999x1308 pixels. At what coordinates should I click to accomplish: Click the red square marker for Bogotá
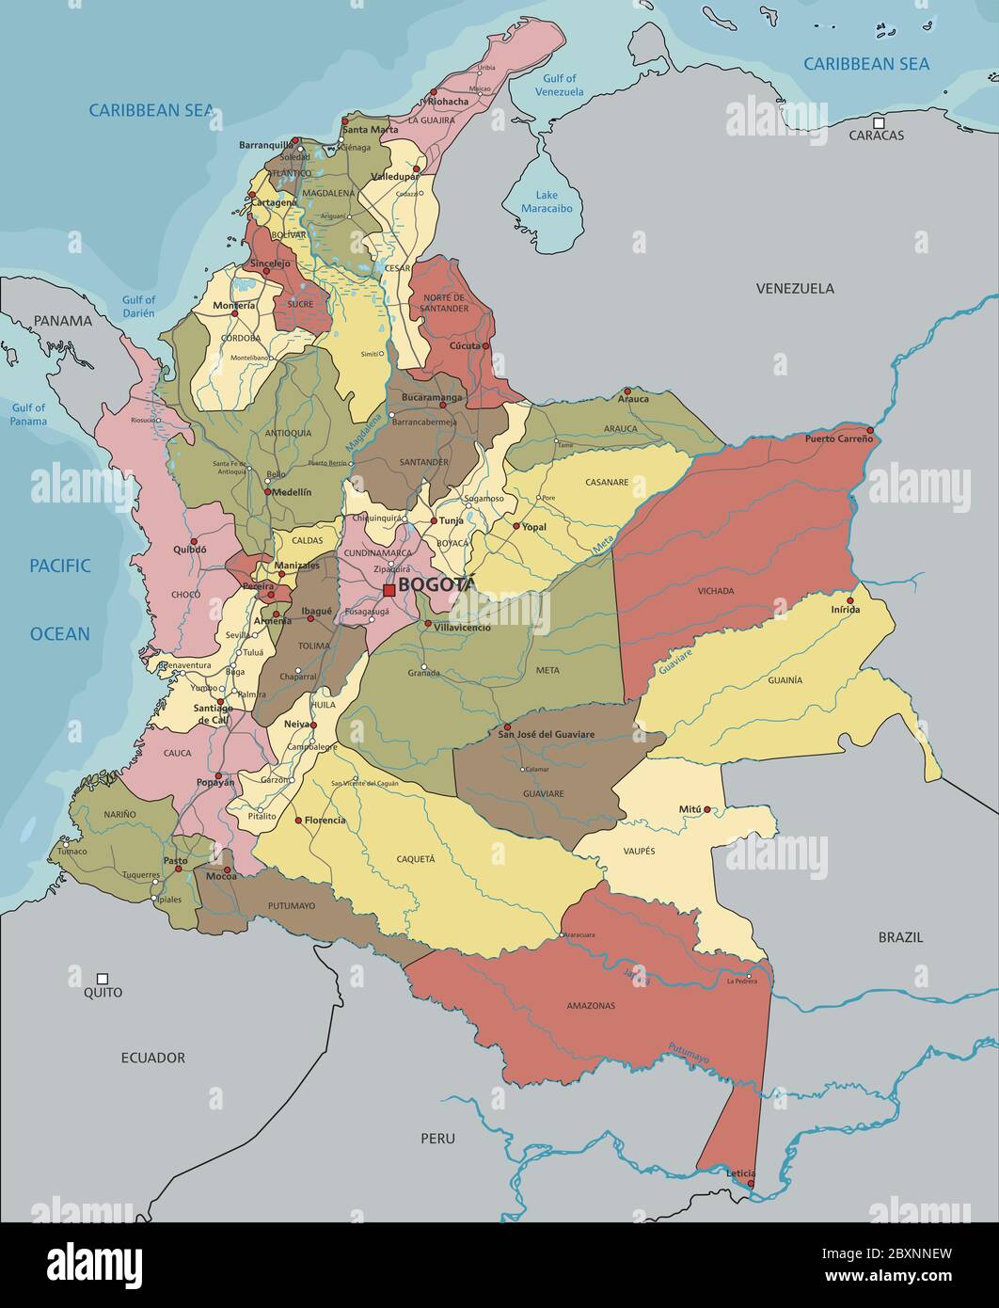tap(388, 590)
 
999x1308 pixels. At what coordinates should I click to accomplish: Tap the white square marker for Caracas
tap(878, 122)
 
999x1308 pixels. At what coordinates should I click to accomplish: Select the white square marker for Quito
tap(103, 979)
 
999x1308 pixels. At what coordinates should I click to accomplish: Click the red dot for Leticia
tap(750, 1183)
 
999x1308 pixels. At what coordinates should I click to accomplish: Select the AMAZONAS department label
tap(591, 1005)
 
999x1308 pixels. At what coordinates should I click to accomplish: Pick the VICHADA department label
tap(716, 591)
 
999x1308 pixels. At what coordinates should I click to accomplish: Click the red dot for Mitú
tap(707, 809)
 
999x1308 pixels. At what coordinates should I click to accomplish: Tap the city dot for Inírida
tap(849, 600)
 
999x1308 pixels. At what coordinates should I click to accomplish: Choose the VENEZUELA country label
tap(795, 288)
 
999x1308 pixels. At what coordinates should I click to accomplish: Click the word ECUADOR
tap(153, 1058)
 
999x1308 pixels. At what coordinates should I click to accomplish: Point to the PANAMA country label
tap(63, 320)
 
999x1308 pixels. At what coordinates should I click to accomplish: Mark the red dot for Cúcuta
tap(485, 346)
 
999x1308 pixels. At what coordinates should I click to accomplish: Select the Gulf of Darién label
tap(138, 307)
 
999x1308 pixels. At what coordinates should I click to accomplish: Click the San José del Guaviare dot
tap(506, 727)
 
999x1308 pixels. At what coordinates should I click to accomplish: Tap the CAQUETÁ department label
tap(416, 858)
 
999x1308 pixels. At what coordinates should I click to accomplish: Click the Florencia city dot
tap(299, 821)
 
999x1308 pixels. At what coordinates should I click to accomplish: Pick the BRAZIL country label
tap(900, 937)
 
